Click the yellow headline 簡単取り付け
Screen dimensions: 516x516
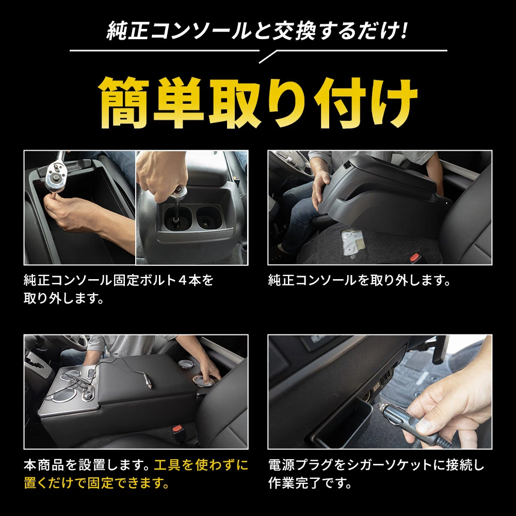coord(259,103)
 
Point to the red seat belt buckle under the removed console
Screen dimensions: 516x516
coord(415,257)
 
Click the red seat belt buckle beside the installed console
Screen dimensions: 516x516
coord(178,429)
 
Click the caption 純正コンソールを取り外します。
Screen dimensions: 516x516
coord(359,280)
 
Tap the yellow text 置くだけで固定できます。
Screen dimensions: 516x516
coord(97,483)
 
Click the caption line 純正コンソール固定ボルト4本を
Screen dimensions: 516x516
coord(119,280)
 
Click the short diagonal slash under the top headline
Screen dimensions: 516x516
coord(268,57)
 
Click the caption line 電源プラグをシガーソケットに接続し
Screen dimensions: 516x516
coord(376,465)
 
